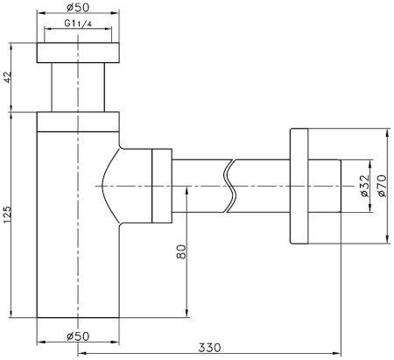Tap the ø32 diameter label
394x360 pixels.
362,187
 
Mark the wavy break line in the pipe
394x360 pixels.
231,187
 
